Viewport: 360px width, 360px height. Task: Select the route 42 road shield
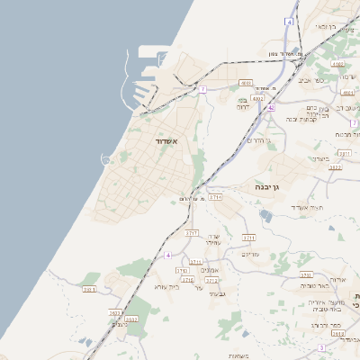[x=270, y=107]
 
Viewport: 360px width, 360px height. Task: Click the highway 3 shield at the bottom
[x=321, y=347]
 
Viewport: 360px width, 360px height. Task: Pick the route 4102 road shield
[x=337, y=65]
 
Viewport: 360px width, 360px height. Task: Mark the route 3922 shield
[x=335, y=167]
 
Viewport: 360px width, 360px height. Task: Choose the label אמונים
[x=211, y=270]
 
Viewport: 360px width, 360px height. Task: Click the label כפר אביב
[x=325, y=80]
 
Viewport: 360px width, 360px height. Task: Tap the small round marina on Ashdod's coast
[x=106, y=160]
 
